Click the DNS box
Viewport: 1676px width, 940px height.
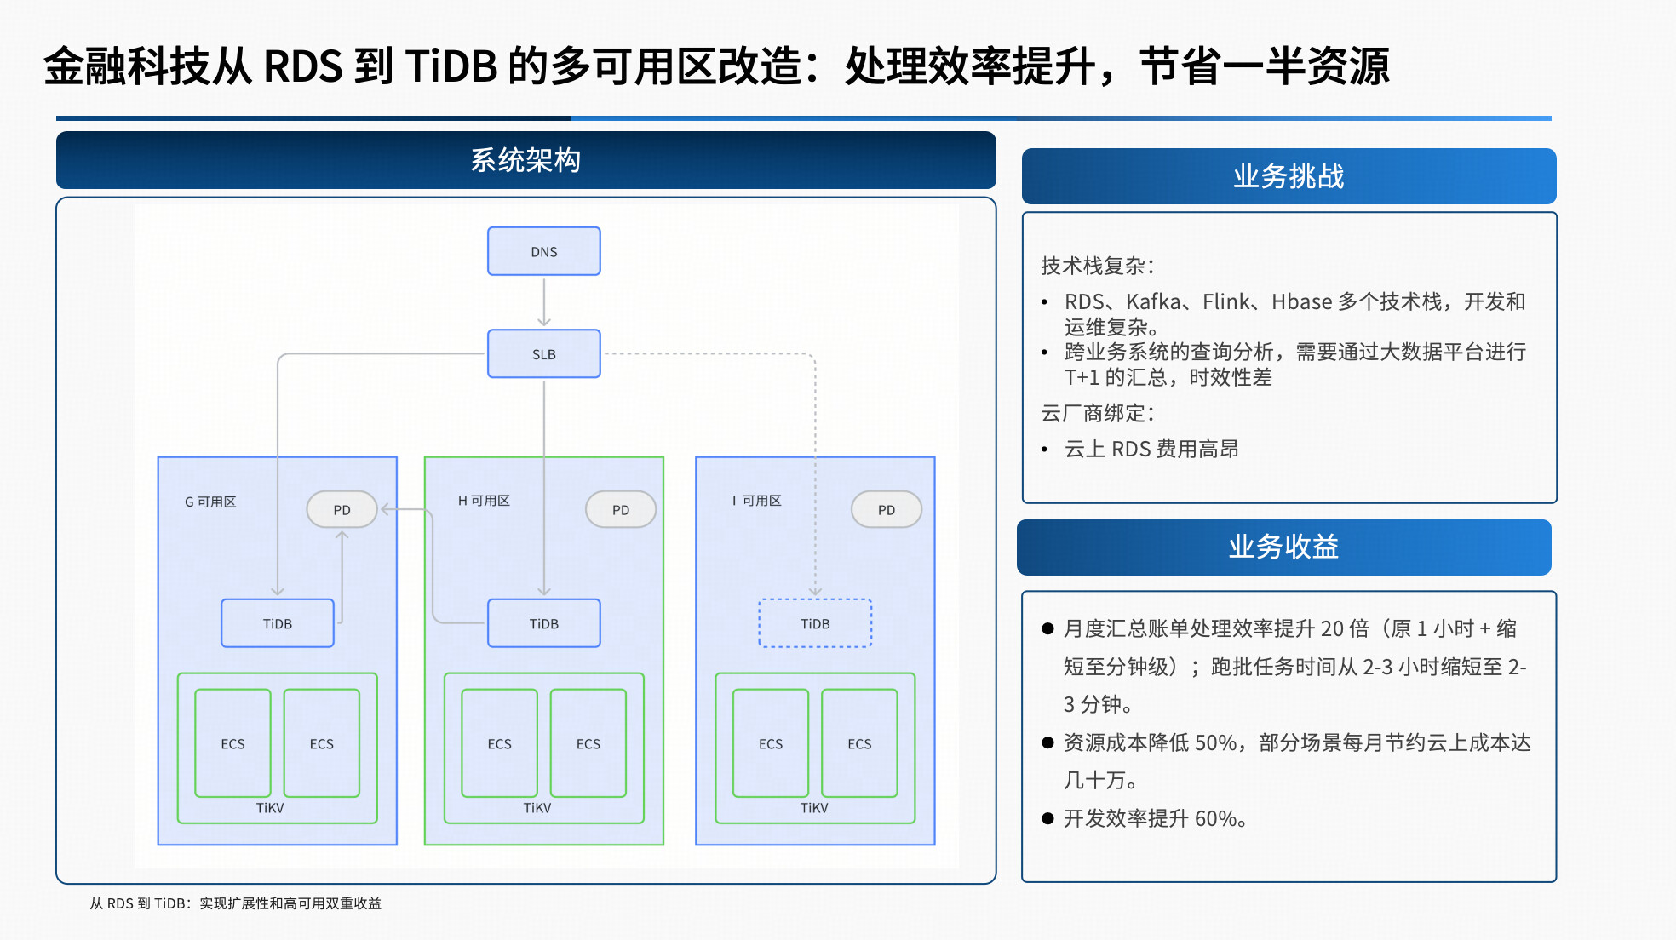tap(543, 251)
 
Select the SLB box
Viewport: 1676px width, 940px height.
tap(543, 353)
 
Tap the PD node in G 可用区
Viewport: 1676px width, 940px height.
tap(342, 509)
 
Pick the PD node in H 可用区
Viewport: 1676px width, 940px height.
tap(620, 509)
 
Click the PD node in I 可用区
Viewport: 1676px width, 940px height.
tap(886, 509)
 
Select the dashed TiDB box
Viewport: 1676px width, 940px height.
tap(815, 623)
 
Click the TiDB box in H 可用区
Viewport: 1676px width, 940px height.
tap(543, 623)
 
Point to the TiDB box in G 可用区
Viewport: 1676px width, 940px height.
tap(277, 623)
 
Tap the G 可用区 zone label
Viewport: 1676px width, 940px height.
tap(210, 502)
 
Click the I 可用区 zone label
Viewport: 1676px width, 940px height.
tap(756, 501)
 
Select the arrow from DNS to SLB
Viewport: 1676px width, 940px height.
tap(543, 301)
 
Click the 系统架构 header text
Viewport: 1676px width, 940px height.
tap(525, 160)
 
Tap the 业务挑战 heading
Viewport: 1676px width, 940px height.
tap(1289, 176)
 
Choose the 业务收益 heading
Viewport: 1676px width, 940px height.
tap(1283, 547)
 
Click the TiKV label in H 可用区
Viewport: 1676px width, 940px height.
tap(537, 808)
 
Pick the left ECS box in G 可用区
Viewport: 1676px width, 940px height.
tap(232, 743)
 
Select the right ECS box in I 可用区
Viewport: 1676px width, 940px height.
tap(859, 743)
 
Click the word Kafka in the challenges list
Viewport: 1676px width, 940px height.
tap(1153, 301)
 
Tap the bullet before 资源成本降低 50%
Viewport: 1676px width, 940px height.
tap(1047, 742)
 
